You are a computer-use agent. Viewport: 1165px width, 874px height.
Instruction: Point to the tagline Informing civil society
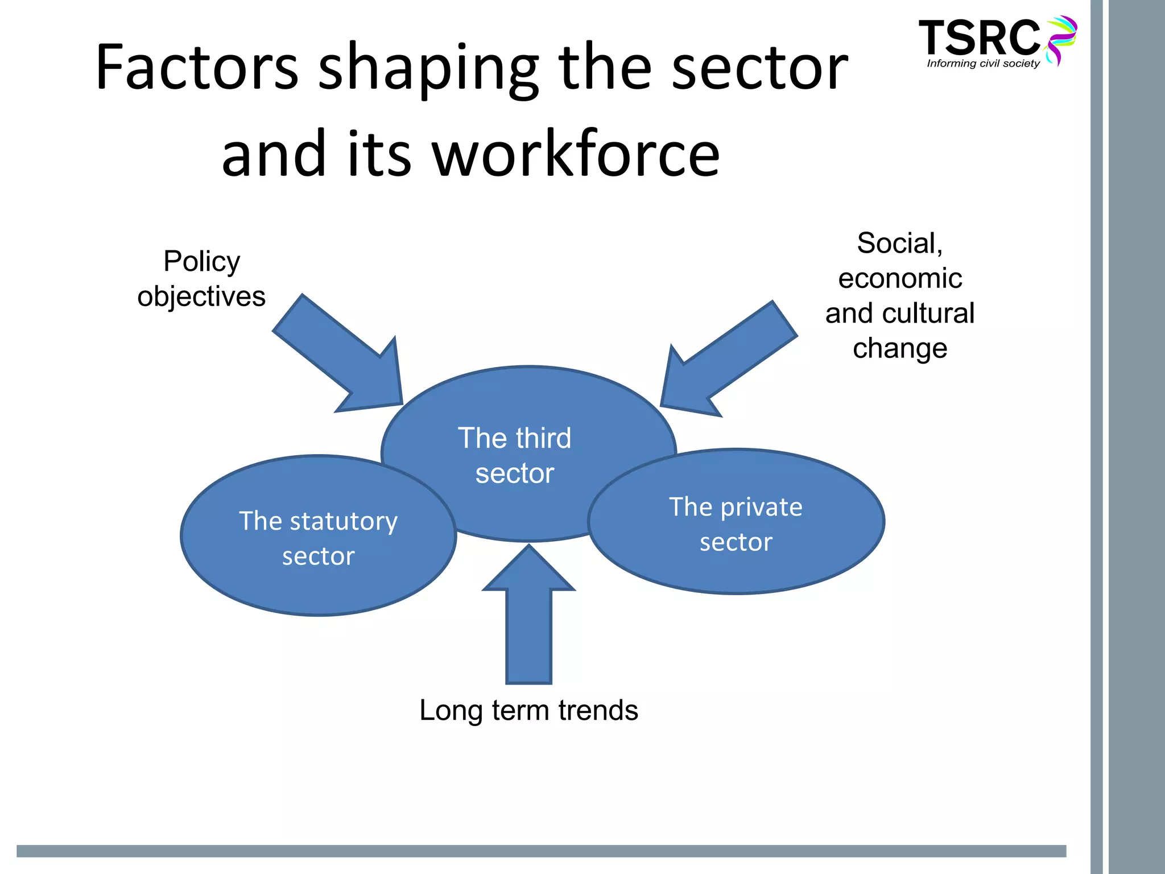(983, 64)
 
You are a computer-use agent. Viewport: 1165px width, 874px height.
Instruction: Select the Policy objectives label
(201, 279)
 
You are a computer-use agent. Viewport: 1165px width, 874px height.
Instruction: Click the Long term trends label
(528, 710)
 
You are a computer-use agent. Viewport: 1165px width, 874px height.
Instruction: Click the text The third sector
(515, 455)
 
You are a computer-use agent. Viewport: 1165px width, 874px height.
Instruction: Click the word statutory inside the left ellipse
(344, 521)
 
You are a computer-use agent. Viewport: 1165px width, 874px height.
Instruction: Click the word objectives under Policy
(201, 296)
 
